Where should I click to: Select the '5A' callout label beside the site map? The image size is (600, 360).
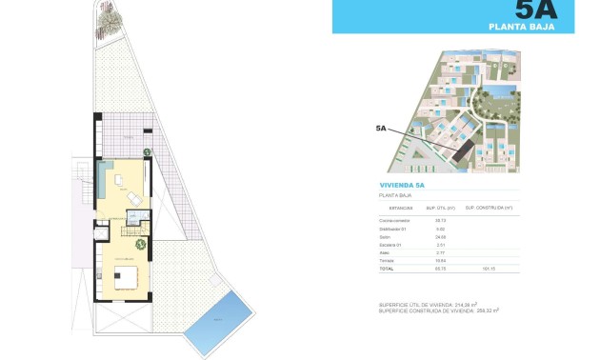click(381, 128)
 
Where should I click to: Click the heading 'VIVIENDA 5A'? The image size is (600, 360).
click(401, 185)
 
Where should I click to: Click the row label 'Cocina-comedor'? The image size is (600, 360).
click(396, 220)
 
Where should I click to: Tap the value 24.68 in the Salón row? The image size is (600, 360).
click(441, 238)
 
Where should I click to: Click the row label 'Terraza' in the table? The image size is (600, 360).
click(388, 262)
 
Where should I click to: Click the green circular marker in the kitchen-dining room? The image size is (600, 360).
click(140, 245)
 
